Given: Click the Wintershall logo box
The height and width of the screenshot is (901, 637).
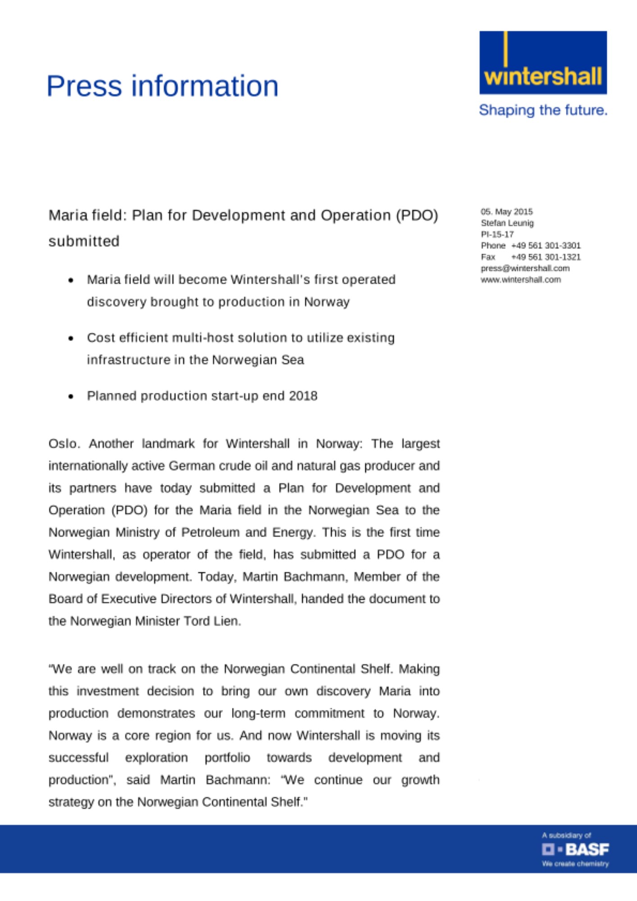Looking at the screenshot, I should (543, 63).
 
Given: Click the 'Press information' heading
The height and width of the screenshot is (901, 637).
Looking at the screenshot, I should (163, 86).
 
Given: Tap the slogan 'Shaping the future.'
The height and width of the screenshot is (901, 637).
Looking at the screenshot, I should (543, 110).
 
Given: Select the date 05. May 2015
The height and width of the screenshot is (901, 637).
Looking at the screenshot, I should (506, 212).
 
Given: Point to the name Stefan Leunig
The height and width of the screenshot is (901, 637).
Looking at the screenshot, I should (507, 223).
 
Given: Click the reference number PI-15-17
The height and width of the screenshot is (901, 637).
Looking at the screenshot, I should (497, 234).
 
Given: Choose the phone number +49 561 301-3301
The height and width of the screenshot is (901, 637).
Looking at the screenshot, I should (546, 246).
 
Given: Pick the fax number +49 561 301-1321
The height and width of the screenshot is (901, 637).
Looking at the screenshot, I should (546, 257).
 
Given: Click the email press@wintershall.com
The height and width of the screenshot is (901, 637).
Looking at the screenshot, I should (525, 268).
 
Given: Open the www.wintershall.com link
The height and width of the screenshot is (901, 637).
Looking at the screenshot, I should (520, 280).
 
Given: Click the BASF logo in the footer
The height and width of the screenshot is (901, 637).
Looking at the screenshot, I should (575, 850).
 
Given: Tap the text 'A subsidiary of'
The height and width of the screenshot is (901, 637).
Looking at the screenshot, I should (566, 835).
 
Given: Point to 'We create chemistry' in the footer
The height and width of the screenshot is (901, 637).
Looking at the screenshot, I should (575, 864).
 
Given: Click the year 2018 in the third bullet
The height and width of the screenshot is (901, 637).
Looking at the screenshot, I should (303, 396).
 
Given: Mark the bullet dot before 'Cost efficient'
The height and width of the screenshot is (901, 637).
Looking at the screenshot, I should (71, 338).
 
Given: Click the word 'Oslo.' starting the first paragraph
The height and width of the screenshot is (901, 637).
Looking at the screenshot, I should (64, 444).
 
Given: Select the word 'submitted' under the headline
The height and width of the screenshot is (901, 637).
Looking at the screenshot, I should (84, 241).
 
